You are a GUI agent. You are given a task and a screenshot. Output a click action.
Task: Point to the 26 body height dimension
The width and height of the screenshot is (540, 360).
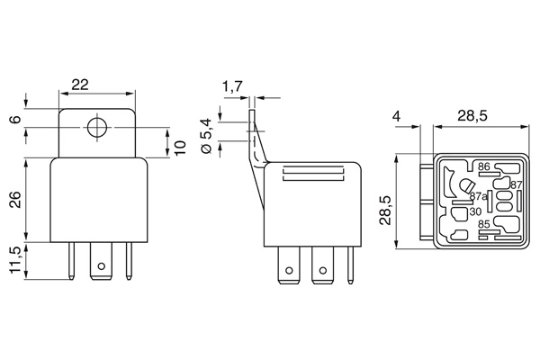point(14,200)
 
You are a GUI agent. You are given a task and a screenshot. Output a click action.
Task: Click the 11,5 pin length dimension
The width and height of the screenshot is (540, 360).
point(14,261)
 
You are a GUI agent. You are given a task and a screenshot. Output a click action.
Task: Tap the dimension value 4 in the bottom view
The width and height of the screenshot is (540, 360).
point(397,116)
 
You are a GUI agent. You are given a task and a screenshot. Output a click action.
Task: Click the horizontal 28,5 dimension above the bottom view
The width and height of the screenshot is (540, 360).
point(472,116)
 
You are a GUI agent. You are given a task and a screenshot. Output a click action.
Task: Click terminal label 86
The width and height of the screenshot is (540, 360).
point(483,166)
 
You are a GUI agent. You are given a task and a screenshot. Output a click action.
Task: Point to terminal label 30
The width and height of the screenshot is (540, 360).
point(474,212)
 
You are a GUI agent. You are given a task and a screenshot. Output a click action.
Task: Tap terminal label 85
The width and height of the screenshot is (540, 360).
point(483,224)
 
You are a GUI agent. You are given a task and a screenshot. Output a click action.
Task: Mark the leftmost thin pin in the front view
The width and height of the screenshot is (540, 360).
point(72,262)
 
